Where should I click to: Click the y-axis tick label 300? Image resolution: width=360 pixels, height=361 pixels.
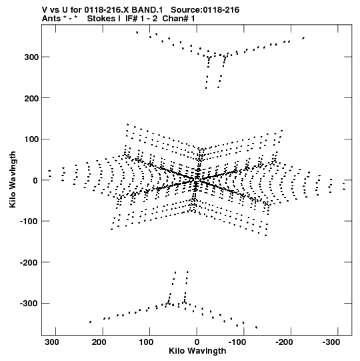pos(31,57)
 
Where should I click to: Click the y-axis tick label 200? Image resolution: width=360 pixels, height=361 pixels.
pos(31,98)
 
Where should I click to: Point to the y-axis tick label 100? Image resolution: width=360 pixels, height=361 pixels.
pos(31,139)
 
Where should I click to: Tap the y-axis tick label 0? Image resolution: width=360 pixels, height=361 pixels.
pos(35,180)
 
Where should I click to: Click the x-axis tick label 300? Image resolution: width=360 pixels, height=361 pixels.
pos(52,342)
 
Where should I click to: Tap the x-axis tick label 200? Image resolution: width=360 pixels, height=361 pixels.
pos(99,342)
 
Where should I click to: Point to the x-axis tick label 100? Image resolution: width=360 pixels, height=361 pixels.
pos(146,342)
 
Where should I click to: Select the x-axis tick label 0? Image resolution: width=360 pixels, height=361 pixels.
pos(197,342)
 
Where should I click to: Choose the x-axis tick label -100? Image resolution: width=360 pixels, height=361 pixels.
pos(237,342)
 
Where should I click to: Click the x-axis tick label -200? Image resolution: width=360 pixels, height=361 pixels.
pos(284,342)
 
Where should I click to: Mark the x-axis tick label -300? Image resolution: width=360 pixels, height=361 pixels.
pos(331,342)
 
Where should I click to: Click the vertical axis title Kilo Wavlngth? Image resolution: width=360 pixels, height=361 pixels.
pos(13,179)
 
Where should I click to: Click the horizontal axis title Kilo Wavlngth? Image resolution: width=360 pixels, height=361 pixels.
pos(197,351)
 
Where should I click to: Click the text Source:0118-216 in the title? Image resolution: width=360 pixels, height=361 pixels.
pos(205,10)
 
